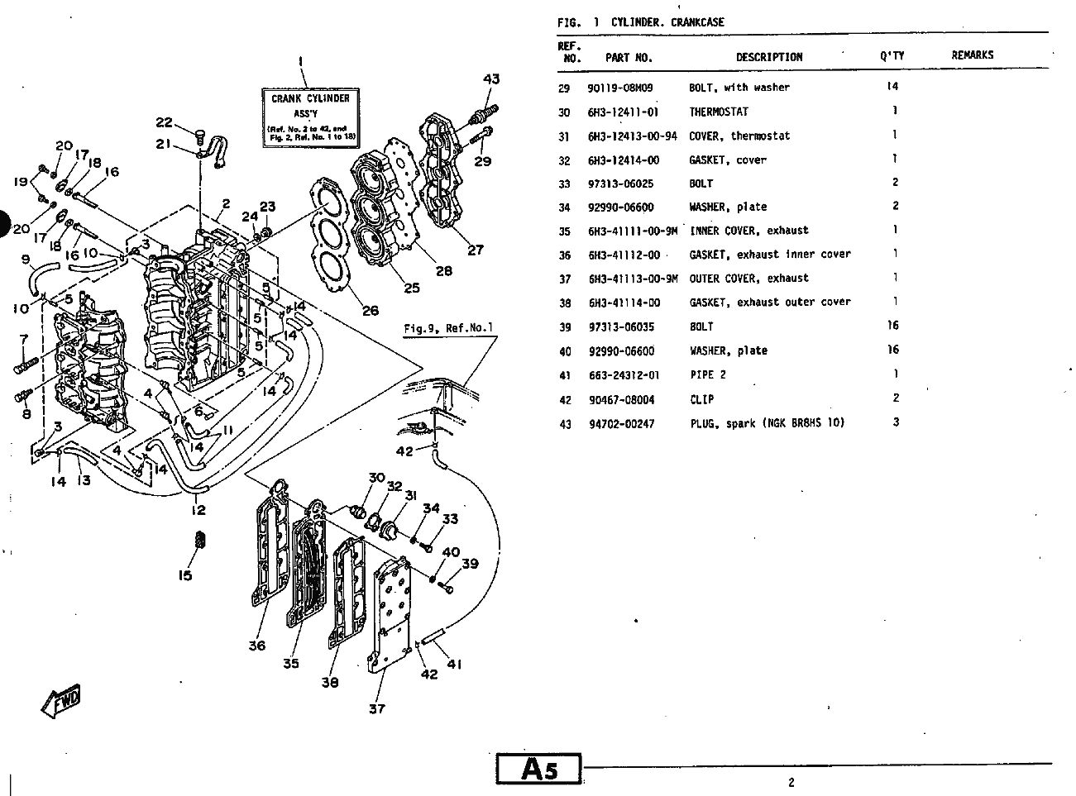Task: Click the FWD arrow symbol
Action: point(61,701)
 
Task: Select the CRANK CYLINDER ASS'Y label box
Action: point(310,118)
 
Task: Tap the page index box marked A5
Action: point(538,769)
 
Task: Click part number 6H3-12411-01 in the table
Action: point(623,112)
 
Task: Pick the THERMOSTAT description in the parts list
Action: point(719,112)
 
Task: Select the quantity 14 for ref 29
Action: point(892,86)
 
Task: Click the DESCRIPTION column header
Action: point(769,57)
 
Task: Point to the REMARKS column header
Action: point(972,55)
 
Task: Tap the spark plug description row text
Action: point(768,423)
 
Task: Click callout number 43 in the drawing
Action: point(491,79)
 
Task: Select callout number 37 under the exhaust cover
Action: point(377,708)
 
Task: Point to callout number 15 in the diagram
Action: point(184,575)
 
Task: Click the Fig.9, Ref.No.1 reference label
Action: point(448,328)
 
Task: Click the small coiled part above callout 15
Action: point(200,540)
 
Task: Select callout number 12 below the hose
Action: point(198,510)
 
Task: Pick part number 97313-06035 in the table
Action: point(621,327)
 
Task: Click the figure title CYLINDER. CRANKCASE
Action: point(667,22)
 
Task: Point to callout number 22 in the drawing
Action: point(164,122)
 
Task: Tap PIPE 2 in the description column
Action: point(708,375)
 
